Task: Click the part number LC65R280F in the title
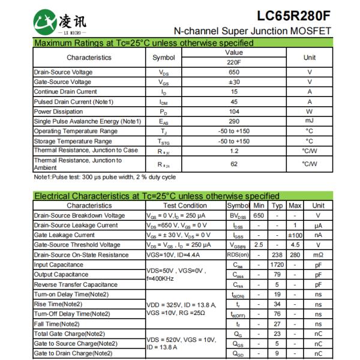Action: [293, 14]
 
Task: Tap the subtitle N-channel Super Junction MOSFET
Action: [252, 31]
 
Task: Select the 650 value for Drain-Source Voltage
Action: [233, 72]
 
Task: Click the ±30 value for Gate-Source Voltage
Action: [233, 82]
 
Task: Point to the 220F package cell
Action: [233, 62]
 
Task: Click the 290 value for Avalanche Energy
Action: [233, 121]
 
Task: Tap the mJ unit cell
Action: [309, 121]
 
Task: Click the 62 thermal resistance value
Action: [233, 164]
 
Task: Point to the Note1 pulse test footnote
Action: [104, 177]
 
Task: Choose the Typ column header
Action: [277, 205]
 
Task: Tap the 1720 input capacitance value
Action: [277, 264]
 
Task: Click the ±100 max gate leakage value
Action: [295, 235]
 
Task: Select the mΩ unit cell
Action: [318, 254]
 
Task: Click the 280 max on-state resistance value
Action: [295, 254]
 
